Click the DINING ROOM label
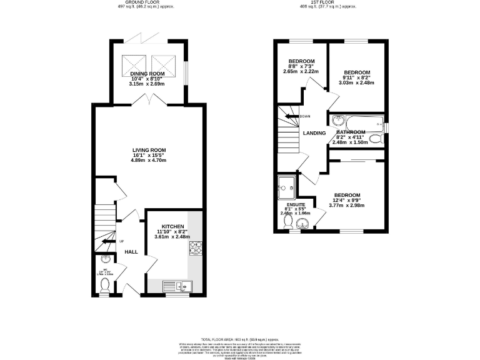[x=147, y=72]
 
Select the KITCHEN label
[x=172, y=226]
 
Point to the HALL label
[x=131, y=252]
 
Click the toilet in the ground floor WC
[x=104, y=284]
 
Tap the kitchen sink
[x=178, y=286]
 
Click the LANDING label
[x=314, y=133]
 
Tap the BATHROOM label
[x=351, y=132]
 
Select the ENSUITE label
[x=296, y=205]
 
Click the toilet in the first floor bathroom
[x=376, y=139]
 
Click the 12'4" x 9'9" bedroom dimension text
[x=346, y=200]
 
